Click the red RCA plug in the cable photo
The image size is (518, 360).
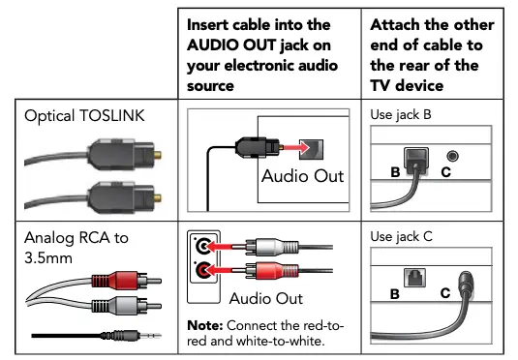pyautogui.click(x=106, y=283)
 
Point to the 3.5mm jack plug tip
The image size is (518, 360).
pyautogui.click(x=155, y=335)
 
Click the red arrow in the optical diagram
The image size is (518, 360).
pyautogui.click(x=291, y=146)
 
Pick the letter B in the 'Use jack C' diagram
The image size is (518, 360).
pyautogui.click(x=395, y=292)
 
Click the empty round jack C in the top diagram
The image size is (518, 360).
pyautogui.click(x=451, y=156)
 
